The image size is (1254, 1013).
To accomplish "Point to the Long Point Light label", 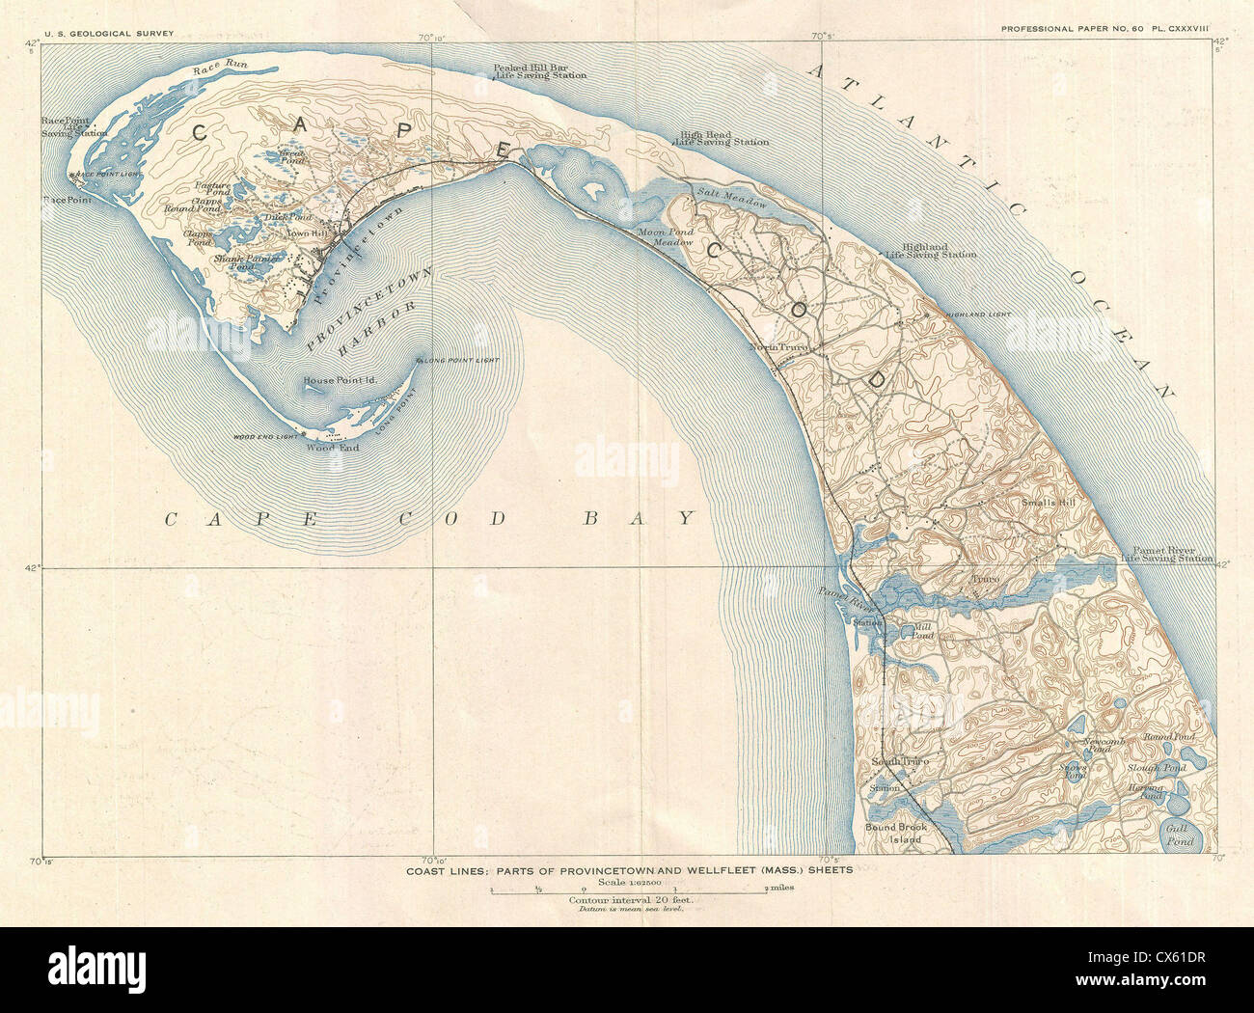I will [x=460, y=361].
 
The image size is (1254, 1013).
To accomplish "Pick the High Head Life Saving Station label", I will [x=723, y=138].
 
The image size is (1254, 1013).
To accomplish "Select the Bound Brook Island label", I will [x=892, y=834].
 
